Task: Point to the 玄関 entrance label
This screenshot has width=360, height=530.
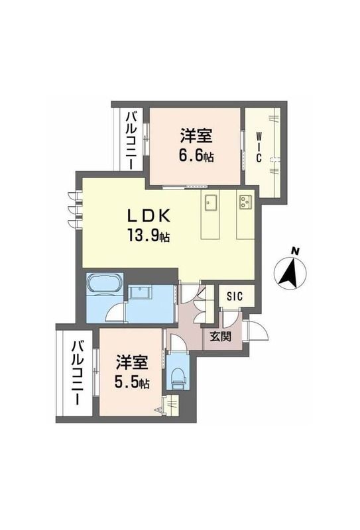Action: coord(221,336)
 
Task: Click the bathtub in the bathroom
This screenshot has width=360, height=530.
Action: coord(104,285)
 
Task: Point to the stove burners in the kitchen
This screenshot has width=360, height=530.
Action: coord(245,200)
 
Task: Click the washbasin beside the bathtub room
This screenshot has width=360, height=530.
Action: coord(141,292)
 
